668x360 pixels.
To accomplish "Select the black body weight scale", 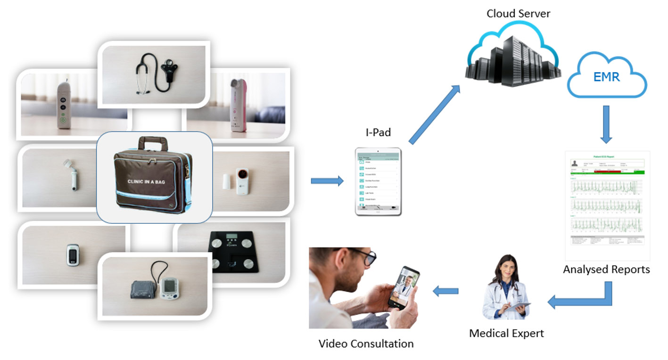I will pos(234,253).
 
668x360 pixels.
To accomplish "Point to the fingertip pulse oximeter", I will pos(72,254).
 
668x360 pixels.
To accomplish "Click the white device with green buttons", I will pos(63,106).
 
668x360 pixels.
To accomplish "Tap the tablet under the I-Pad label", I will pos(378,181).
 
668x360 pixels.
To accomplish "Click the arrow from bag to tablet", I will pos(327,180).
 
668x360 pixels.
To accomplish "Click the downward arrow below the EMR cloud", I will pos(606,124).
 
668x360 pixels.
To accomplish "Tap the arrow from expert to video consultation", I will pos(445,292).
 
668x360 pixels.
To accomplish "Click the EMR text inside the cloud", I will pos(607,77).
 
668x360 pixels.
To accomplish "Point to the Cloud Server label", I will pos(518,13).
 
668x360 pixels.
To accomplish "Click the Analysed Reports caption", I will pos(606,270).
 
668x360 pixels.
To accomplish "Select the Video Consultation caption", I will pos(366,344).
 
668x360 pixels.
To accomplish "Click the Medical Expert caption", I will pos(506,333).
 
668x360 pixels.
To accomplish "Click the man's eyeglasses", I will pos(363,257).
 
